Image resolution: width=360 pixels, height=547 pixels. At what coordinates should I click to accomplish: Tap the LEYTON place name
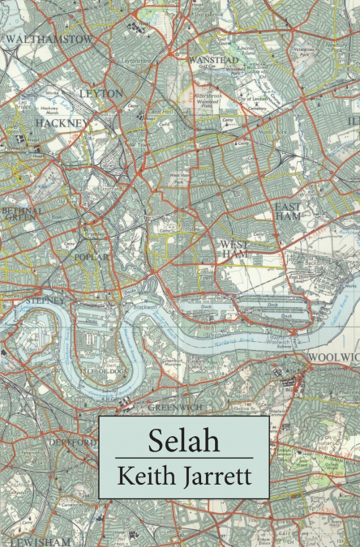pyautogui.click(x=101, y=93)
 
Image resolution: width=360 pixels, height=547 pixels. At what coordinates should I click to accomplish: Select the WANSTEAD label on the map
pyautogui.click(x=214, y=60)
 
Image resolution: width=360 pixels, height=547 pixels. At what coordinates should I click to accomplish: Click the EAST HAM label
pyautogui.click(x=287, y=212)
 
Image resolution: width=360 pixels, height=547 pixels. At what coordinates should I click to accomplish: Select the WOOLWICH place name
pyautogui.click(x=333, y=357)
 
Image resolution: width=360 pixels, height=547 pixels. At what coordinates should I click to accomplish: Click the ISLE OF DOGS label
pyautogui.click(x=105, y=372)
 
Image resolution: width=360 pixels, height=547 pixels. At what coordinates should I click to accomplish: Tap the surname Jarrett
pyautogui.click(x=216, y=476)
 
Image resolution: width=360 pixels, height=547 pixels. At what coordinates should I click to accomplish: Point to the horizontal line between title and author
pyautogui.click(x=183, y=458)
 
